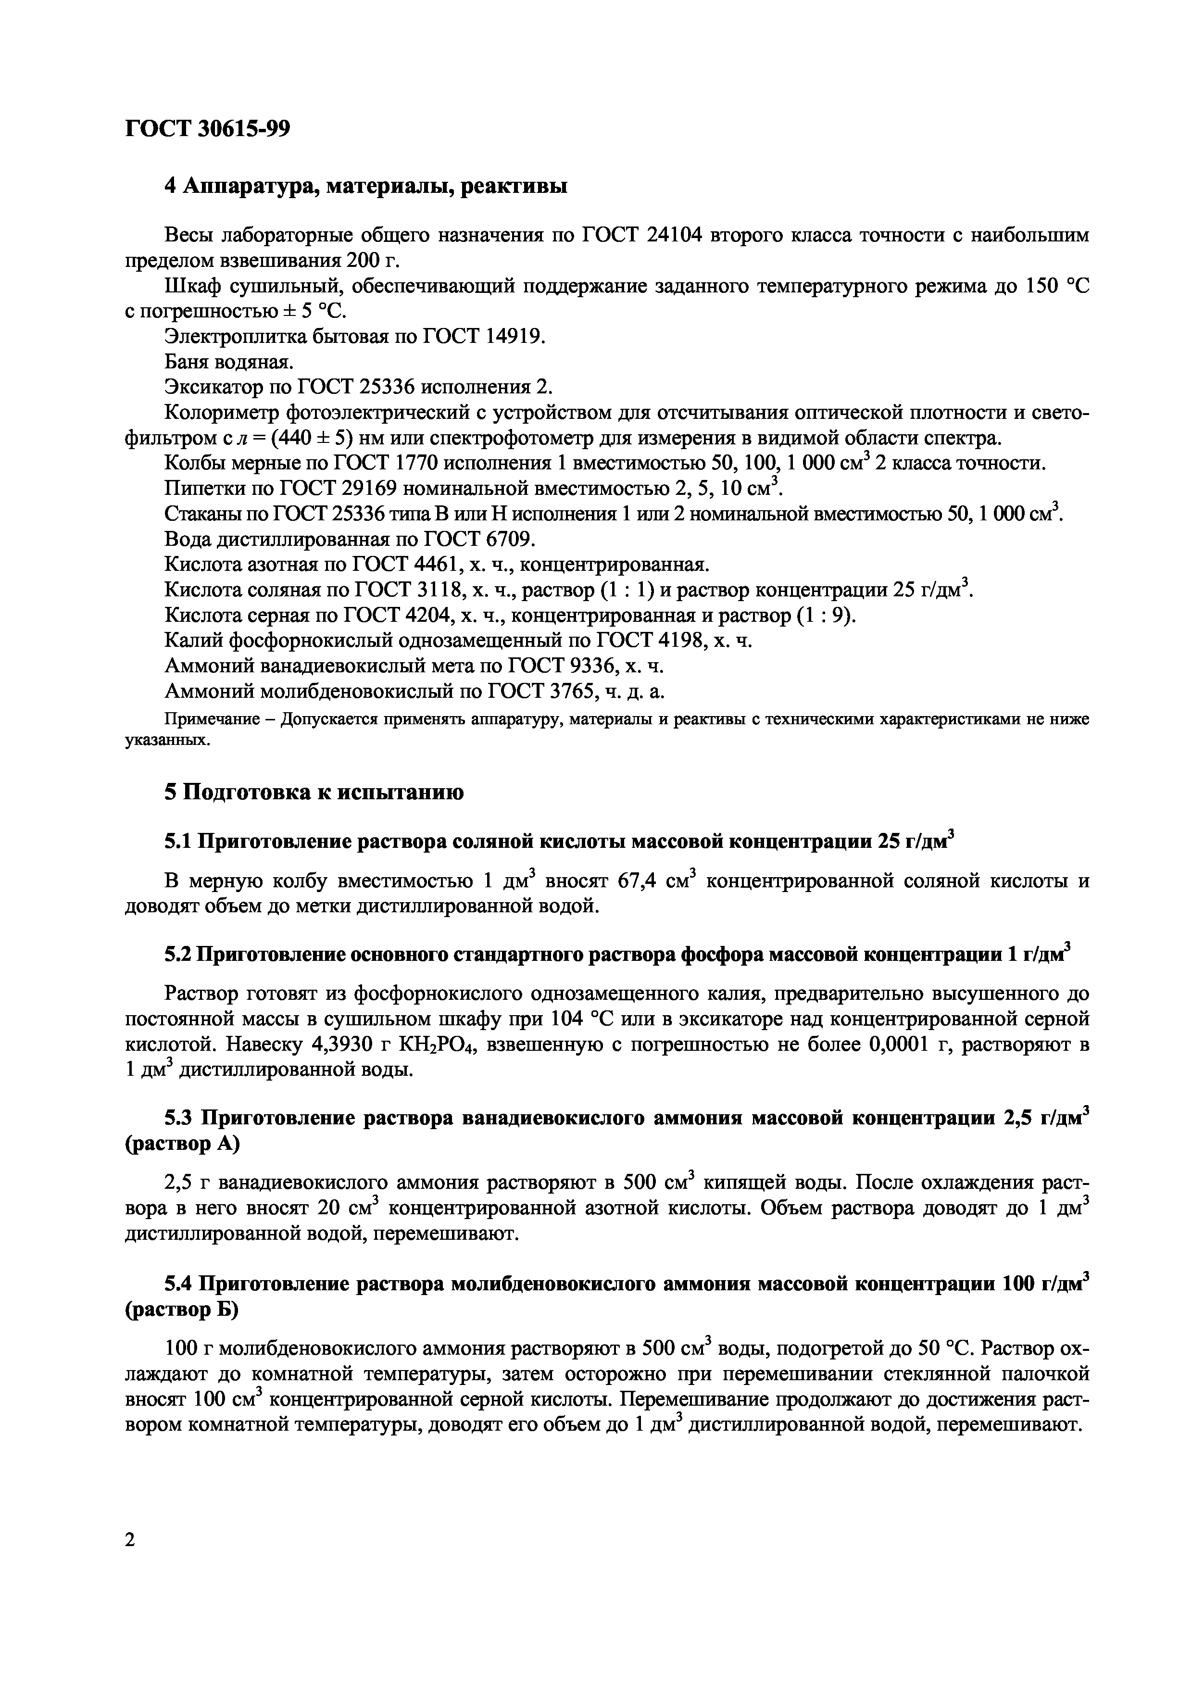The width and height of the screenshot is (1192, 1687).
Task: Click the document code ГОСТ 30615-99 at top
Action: (x=208, y=128)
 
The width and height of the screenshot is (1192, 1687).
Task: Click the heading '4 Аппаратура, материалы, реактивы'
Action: (x=365, y=186)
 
